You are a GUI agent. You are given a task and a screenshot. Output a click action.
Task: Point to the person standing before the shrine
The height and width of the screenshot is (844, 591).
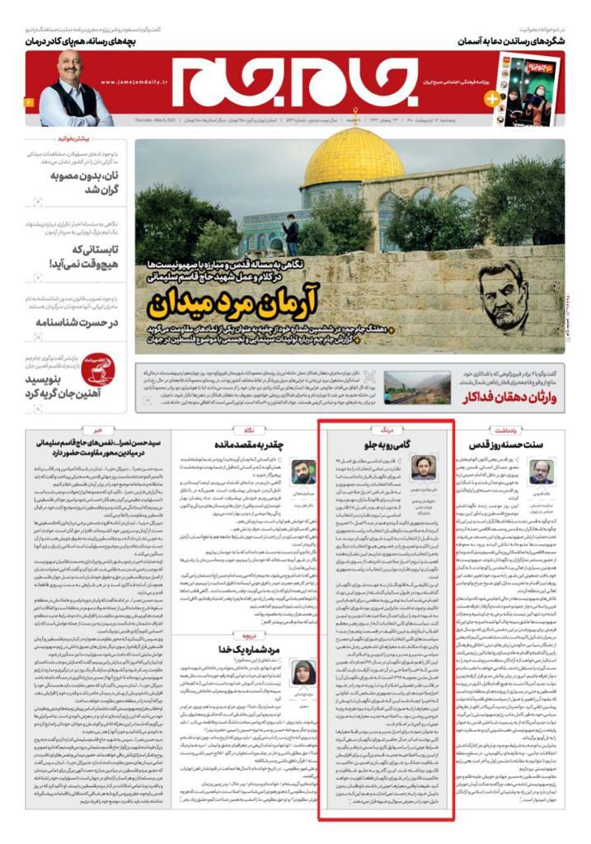click(x=292, y=235)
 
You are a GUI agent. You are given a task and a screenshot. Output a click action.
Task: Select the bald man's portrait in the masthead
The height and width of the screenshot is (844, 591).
click(x=73, y=89)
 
